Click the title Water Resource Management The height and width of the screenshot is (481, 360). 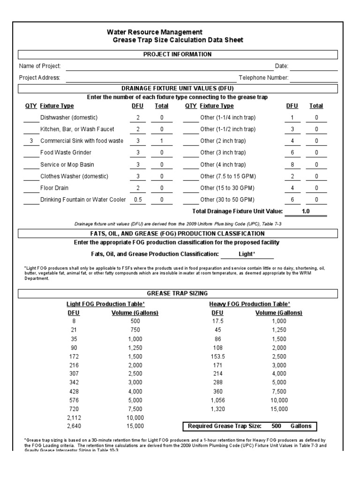tap(155, 32)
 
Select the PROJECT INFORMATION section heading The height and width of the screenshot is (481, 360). tap(177, 54)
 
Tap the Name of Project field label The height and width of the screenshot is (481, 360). tap(40, 66)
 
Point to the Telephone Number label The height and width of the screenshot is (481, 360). tap(263, 78)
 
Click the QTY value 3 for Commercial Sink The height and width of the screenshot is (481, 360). tap(31, 140)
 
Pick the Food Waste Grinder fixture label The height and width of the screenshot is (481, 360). tap(66, 152)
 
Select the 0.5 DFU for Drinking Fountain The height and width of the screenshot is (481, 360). tap(138, 200)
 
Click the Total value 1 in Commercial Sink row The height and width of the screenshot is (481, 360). tap(162, 140)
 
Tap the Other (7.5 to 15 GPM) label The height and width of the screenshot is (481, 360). tap(228, 176)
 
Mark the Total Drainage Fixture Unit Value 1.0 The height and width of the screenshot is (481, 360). tap(306, 212)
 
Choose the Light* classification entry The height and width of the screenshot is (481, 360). tap(247, 254)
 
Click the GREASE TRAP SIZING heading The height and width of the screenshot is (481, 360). tap(177, 294)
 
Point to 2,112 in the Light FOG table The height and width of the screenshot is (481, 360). tap(74, 417)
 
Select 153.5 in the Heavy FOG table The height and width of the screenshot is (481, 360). tap(217, 357)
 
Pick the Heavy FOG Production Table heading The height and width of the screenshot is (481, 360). tap(249, 304)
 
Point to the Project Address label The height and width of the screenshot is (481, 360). tap(39, 78)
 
